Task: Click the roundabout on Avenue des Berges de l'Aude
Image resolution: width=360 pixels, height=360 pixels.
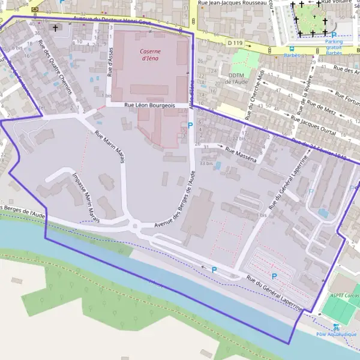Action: coord(136,227)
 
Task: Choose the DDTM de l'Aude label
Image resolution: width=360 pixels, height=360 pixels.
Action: coord(237,78)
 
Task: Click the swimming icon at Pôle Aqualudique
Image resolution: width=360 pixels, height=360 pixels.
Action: coord(337,327)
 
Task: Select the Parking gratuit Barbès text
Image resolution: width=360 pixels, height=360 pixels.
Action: coord(334,47)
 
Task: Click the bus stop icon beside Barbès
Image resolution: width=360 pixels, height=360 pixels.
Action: coord(292,49)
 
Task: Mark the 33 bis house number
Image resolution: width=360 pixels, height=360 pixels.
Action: coord(206,163)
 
